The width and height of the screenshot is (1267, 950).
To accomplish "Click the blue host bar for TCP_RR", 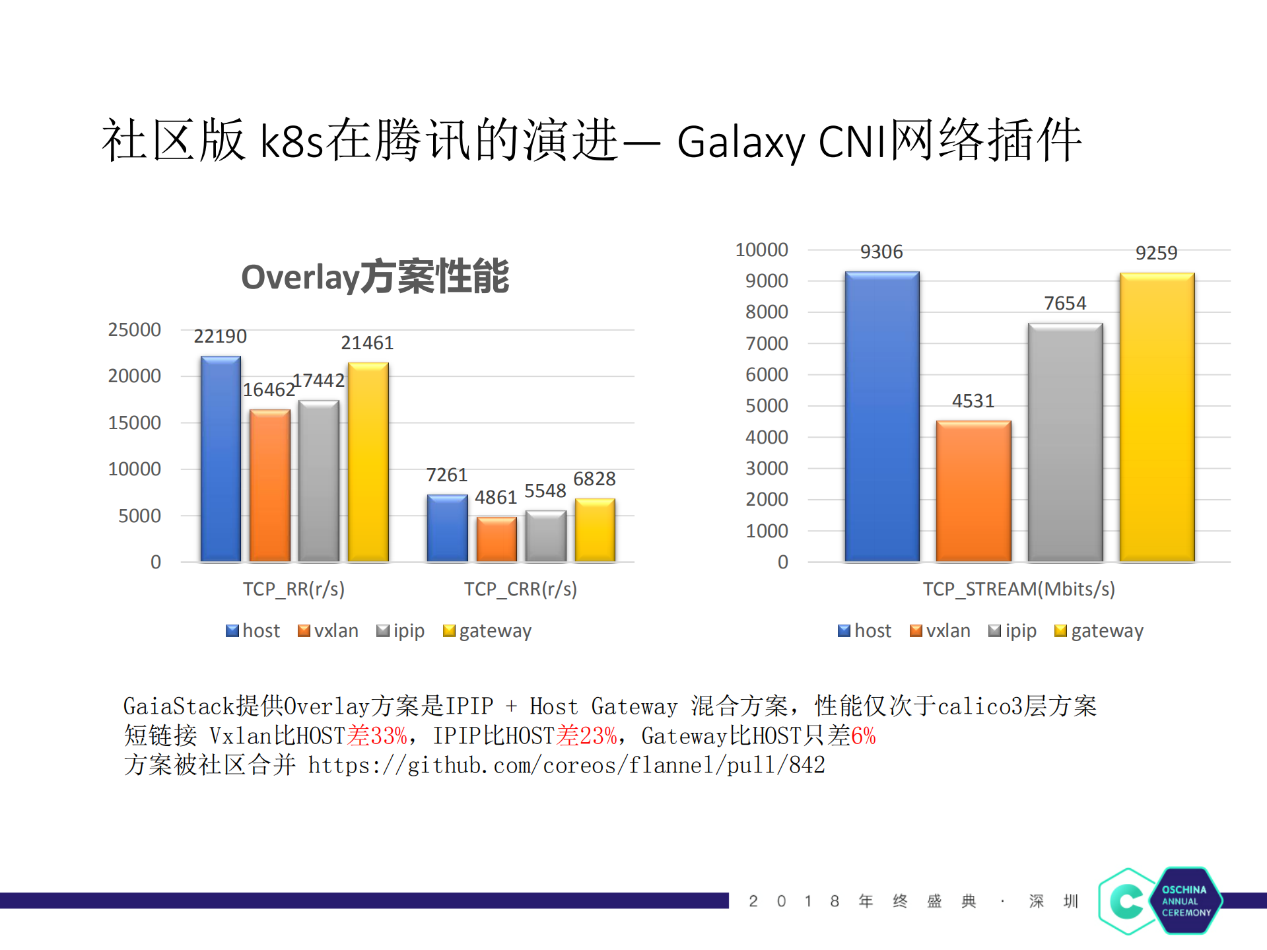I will click(221, 459).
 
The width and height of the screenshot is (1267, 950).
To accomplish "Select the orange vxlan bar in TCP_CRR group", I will click(497, 539).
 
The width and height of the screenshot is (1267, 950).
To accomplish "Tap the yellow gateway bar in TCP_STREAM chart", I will click(1157, 417).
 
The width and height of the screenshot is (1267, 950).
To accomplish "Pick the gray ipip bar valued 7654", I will click(1065, 442).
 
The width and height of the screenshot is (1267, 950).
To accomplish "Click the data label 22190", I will click(220, 336).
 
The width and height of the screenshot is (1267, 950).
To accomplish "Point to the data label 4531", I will click(973, 401).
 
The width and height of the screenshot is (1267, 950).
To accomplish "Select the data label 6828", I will click(594, 479).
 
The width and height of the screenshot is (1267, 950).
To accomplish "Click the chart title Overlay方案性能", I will click(374, 277).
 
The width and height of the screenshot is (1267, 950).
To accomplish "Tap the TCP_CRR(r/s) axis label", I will click(520, 589).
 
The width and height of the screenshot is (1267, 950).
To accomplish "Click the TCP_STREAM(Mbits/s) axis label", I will click(1018, 589).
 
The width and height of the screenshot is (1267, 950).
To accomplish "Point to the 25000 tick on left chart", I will click(134, 329).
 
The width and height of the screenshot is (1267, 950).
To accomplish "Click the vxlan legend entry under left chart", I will click(328, 630).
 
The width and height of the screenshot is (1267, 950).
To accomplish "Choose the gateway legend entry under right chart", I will click(1099, 630).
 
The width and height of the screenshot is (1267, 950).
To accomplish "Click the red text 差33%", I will click(377, 735).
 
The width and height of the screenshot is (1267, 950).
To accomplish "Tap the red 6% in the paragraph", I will click(863, 735).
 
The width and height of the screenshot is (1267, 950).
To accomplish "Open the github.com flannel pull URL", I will click(566, 765).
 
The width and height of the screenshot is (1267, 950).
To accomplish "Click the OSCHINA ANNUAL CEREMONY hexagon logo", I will click(1160, 901).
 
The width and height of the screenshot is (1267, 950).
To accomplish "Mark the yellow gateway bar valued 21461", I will click(368, 462).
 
